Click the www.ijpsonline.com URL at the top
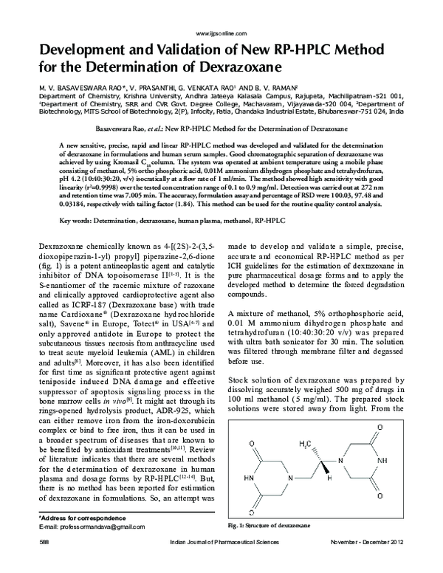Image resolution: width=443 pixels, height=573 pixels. click(221, 34)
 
